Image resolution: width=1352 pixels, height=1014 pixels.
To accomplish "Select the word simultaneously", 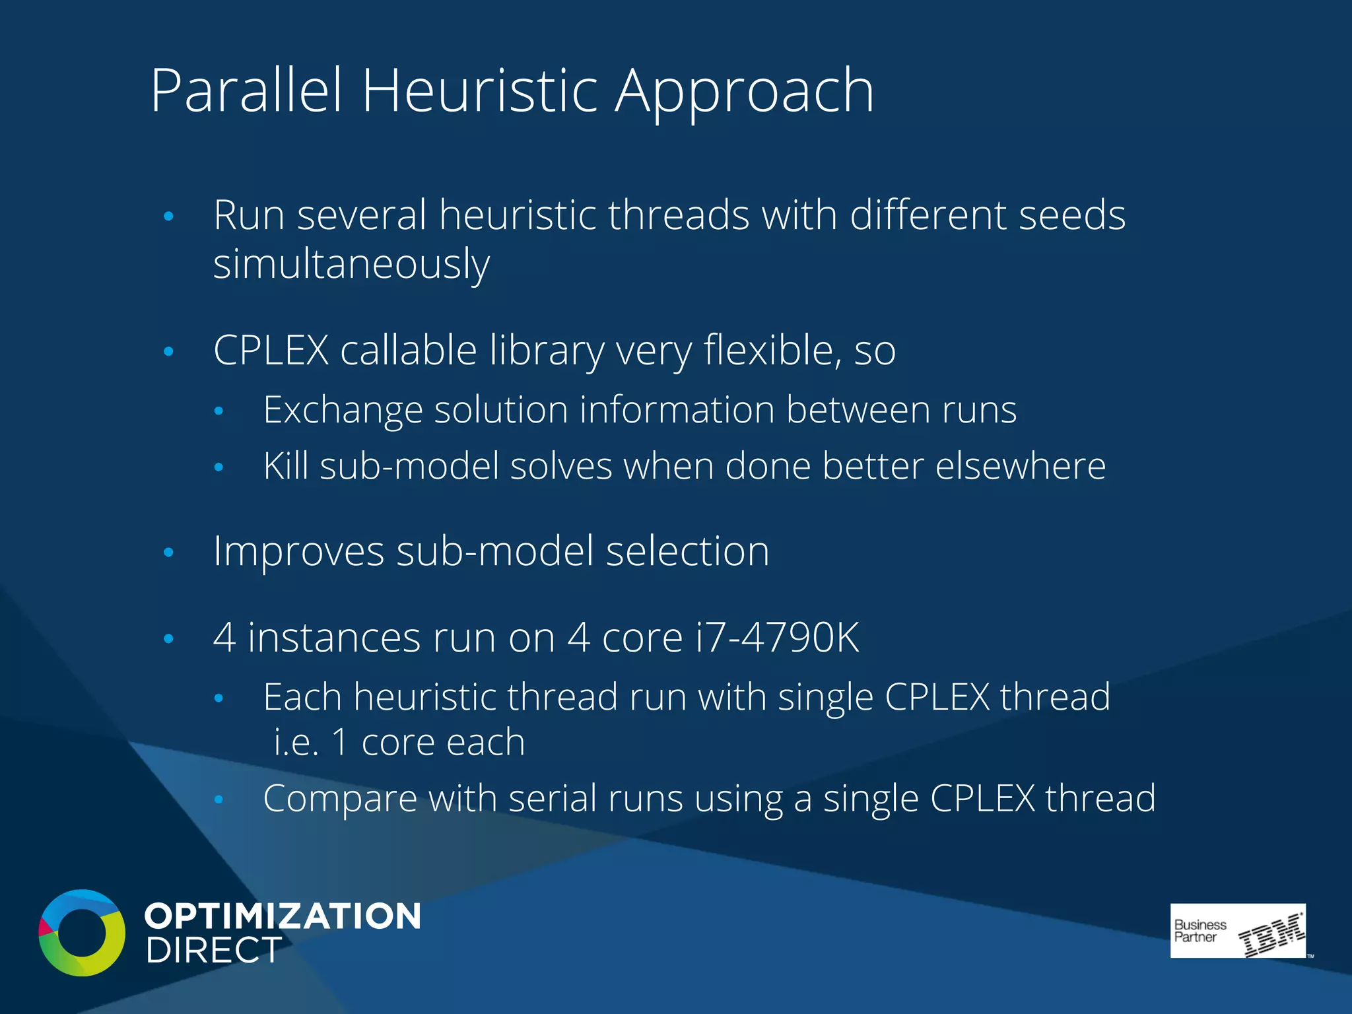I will [x=351, y=264].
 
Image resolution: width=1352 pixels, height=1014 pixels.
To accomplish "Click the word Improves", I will [x=298, y=551].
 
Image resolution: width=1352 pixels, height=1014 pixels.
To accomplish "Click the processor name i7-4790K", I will [x=777, y=638].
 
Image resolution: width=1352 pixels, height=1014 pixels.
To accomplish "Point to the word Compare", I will [x=340, y=799].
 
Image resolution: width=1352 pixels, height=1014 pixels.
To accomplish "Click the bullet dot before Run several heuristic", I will [x=168, y=216].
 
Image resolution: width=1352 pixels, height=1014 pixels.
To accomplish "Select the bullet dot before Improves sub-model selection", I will [x=168, y=552].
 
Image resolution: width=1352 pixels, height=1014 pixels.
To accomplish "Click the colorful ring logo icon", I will [x=82, y=932].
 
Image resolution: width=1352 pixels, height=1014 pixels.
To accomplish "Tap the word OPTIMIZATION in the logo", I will [x=283, y=916].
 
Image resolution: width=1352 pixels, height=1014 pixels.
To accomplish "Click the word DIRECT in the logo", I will [x=214, y=951].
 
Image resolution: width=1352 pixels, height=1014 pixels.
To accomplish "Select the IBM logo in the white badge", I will [x=1271, y=934].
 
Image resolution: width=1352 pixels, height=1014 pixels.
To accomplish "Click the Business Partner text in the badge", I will [x=1200, y=930].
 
